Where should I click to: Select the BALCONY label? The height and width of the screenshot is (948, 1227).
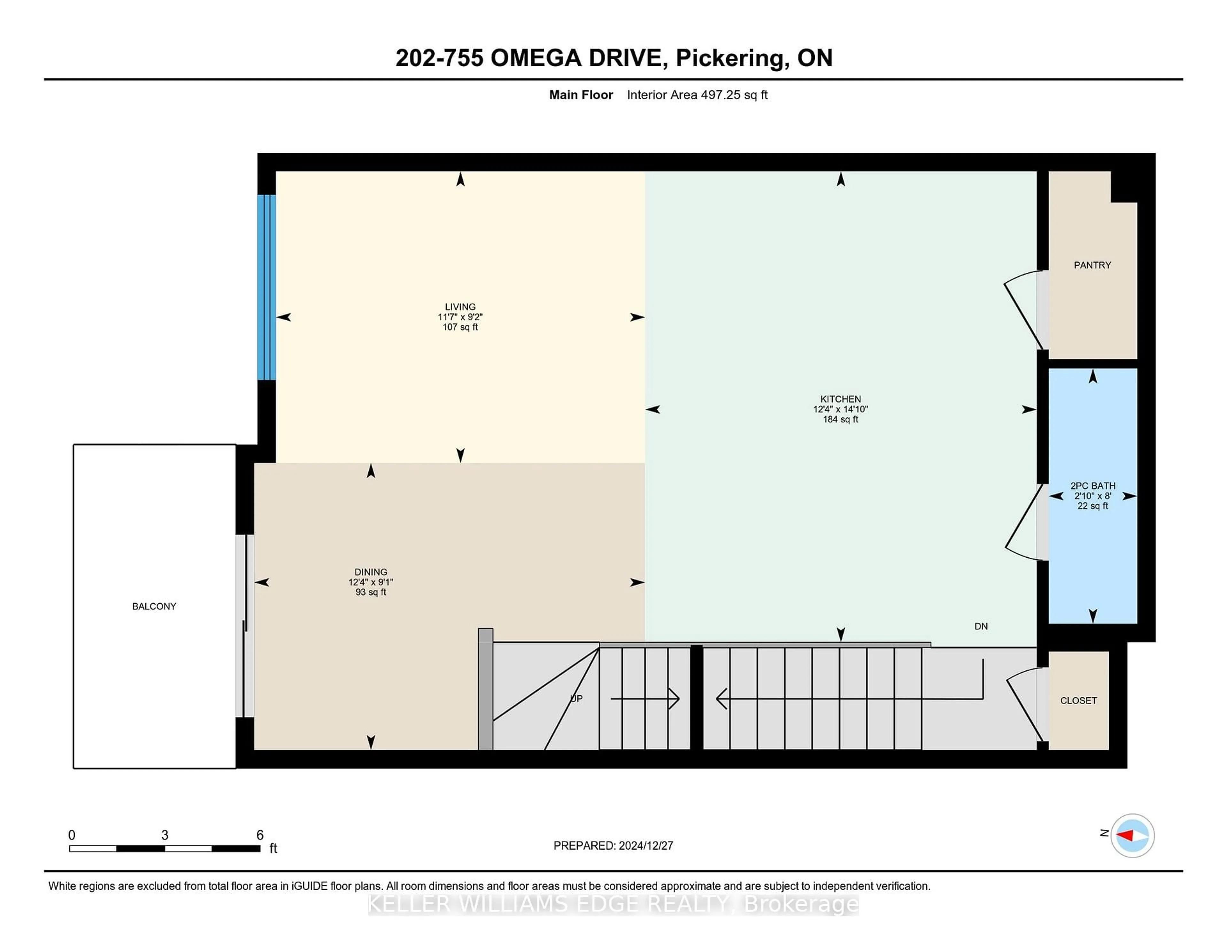click(154, 606)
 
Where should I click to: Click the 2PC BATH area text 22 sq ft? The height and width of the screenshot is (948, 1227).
click(1092, 506)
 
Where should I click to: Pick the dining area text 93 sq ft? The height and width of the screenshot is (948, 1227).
click(370, 592)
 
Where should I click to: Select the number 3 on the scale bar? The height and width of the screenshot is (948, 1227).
click(165, 835)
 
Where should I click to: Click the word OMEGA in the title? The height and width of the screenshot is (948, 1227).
click(536, 58)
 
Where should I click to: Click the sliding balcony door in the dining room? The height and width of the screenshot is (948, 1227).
click(245, 626)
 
